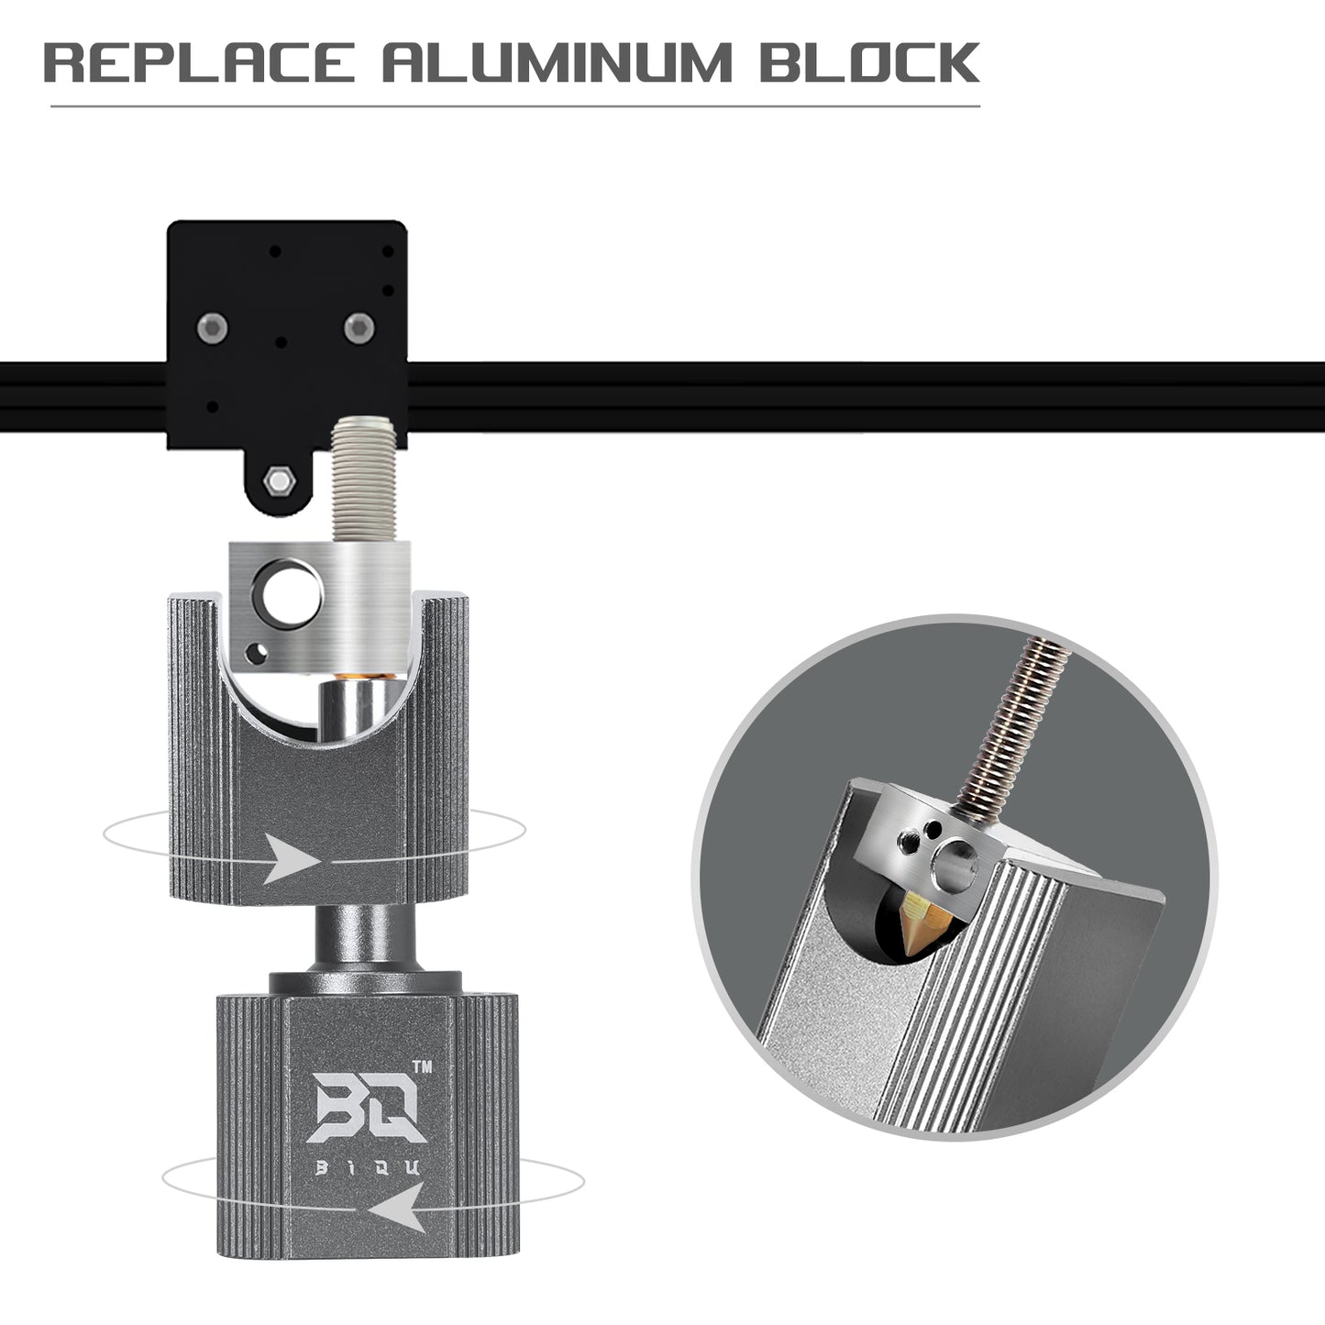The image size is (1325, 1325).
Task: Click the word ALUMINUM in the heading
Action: click(557, 62)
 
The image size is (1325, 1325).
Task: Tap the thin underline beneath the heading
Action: click(513, 107)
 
